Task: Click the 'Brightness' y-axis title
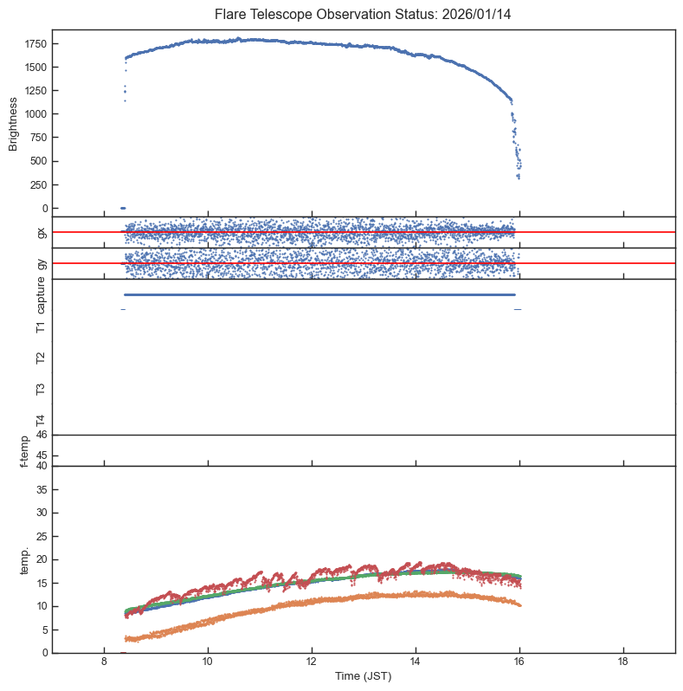point(14,124)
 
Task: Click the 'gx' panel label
point(41,232)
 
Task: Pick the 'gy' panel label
point(41,263)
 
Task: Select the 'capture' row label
point(41,296)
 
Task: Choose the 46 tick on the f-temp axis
point(42,435)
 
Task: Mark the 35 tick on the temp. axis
point(42,490)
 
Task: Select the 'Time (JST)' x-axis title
point(364,676)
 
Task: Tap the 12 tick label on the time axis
point(312,662)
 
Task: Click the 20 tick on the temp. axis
point(42,560)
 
